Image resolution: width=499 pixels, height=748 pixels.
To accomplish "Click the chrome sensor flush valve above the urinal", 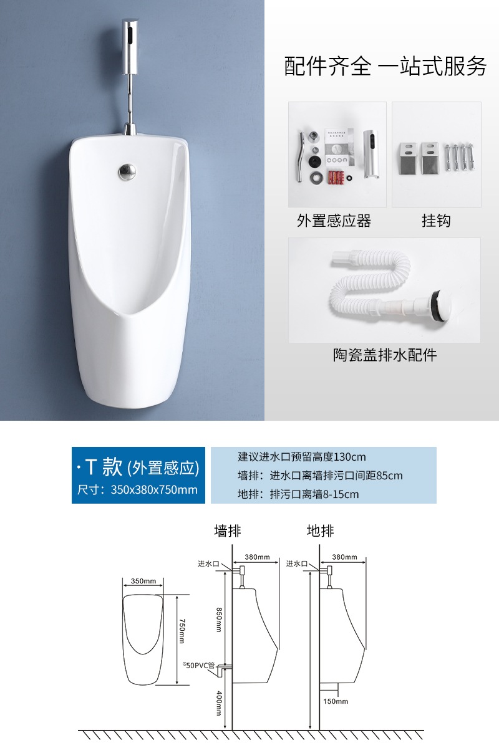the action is coord(130,47).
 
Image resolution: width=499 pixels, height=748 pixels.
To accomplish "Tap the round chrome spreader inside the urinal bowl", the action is coord(127,171).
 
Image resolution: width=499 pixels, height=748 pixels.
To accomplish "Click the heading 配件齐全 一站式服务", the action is coord(385,66).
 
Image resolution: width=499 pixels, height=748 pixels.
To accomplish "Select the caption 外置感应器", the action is coord(334,221).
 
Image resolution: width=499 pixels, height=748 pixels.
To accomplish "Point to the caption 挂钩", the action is coord(436,221).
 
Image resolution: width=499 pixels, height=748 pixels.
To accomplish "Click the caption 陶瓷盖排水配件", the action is coord(385,355).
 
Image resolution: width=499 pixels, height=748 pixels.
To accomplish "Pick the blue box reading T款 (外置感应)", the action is coord(138,475).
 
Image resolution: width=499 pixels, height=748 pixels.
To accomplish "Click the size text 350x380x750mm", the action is coord(154,489).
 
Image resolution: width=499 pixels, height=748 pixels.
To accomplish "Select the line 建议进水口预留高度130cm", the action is coord(302,456).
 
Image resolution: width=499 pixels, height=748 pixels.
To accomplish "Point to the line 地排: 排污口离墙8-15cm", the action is coord(298,494).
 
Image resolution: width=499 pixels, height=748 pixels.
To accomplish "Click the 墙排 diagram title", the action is coord(228,530).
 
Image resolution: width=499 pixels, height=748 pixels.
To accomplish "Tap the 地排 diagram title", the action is coord(320,530).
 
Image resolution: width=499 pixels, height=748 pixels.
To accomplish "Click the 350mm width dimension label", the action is coord(143,581).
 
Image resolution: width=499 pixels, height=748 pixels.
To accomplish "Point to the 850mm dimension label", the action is coord(218,620).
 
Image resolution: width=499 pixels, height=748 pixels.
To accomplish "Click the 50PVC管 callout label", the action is coord(199,665).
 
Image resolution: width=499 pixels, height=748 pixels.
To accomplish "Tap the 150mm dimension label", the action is coord(336,701).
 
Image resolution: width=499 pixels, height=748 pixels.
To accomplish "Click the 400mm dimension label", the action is coord(219,703).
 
